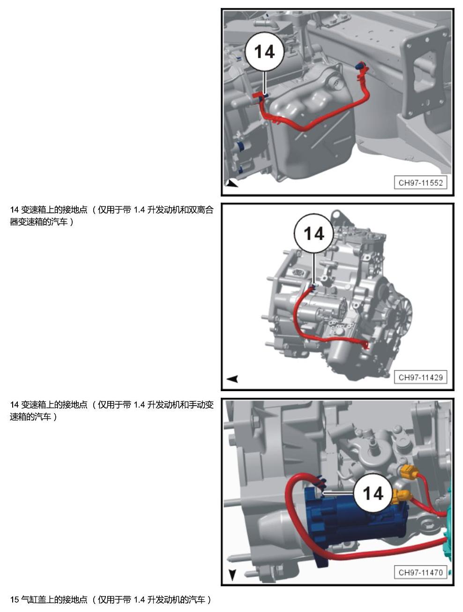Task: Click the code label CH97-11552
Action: (420, 182)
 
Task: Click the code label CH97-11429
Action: (420, 377)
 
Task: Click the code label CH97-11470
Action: (420, 572)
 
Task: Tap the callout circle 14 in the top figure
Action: (264, 52)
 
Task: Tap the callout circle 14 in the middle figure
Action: (314, 233)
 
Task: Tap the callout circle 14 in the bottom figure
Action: (373, 494)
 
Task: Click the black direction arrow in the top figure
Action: (232, 183)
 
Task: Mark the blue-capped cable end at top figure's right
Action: (358, 66)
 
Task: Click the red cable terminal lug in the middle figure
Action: (366, 346)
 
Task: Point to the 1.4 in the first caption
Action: (139, 210)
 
